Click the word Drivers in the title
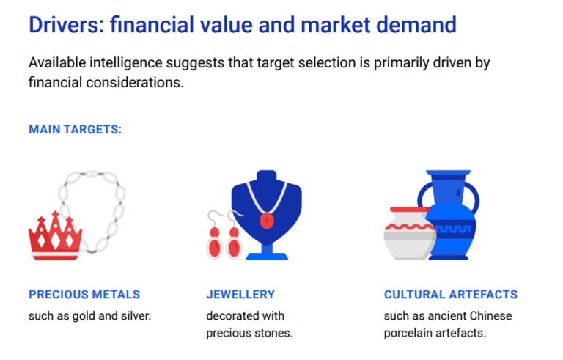point(67,25)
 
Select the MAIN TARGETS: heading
point(76,129)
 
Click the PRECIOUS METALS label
point(84,295)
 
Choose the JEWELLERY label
point(240,295)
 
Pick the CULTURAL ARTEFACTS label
point(451,295)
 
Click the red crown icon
point(55,237)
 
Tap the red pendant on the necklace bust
point(267,221)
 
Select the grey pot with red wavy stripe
point(409,235)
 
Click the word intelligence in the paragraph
point(126,63)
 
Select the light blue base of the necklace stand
point(267,257)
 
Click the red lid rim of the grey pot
point(410,210)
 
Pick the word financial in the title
point(152,25)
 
